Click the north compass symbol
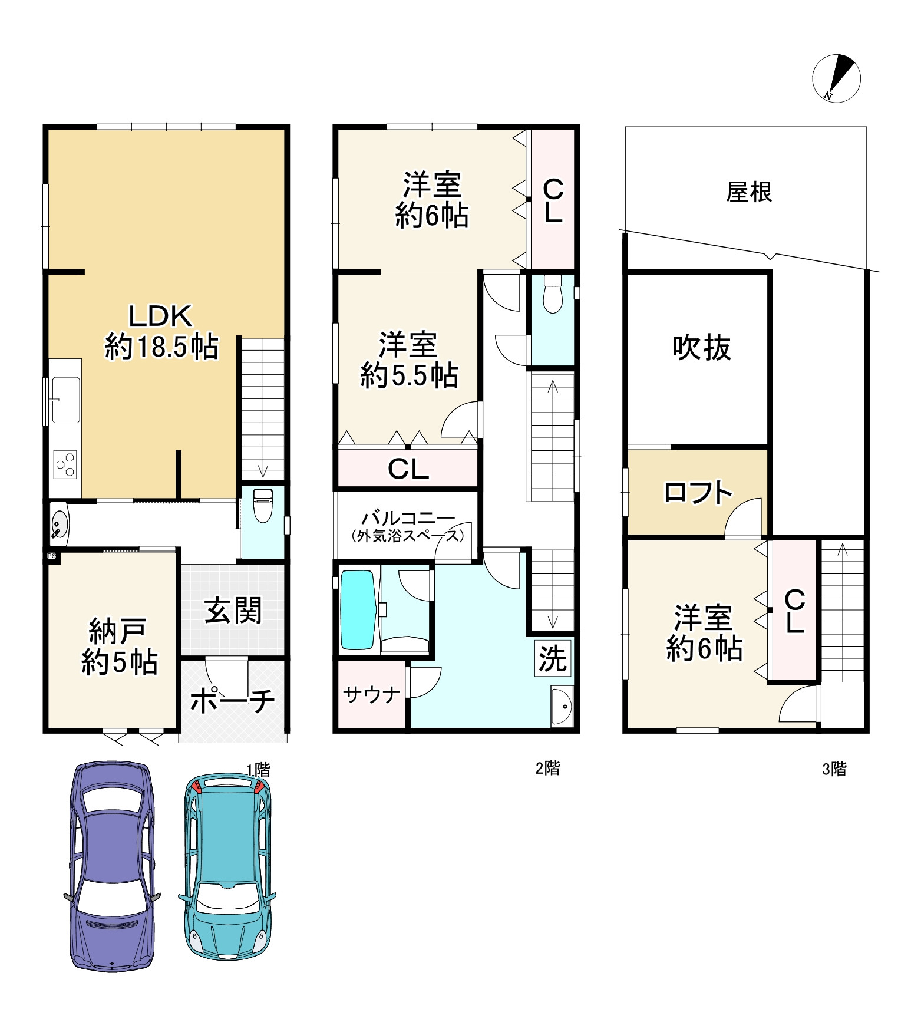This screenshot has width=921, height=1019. pos(836,78)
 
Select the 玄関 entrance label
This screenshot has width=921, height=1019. pos(233,611)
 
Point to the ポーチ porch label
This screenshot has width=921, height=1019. pos(232,700)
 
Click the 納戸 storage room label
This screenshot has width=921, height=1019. pos(119,647)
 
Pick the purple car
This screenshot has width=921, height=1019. pos(112,867)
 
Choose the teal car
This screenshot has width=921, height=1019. pos(227,866)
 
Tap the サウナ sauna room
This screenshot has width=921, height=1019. pos(371,695)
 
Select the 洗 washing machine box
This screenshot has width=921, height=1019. pos(553,658)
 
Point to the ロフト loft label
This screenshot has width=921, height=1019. pos(698,493)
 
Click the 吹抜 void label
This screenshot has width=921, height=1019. pos(702,348)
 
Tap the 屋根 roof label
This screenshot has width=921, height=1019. pos(749,192)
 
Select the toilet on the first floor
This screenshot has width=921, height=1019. pos(262,505)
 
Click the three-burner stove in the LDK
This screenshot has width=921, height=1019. pos(65,465)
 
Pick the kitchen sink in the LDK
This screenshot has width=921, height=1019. pos(65,400)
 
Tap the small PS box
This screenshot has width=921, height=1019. pos(52,556)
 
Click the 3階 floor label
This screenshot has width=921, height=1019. pos(834,769)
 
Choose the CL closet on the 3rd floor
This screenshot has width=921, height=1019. pos(794,611)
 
